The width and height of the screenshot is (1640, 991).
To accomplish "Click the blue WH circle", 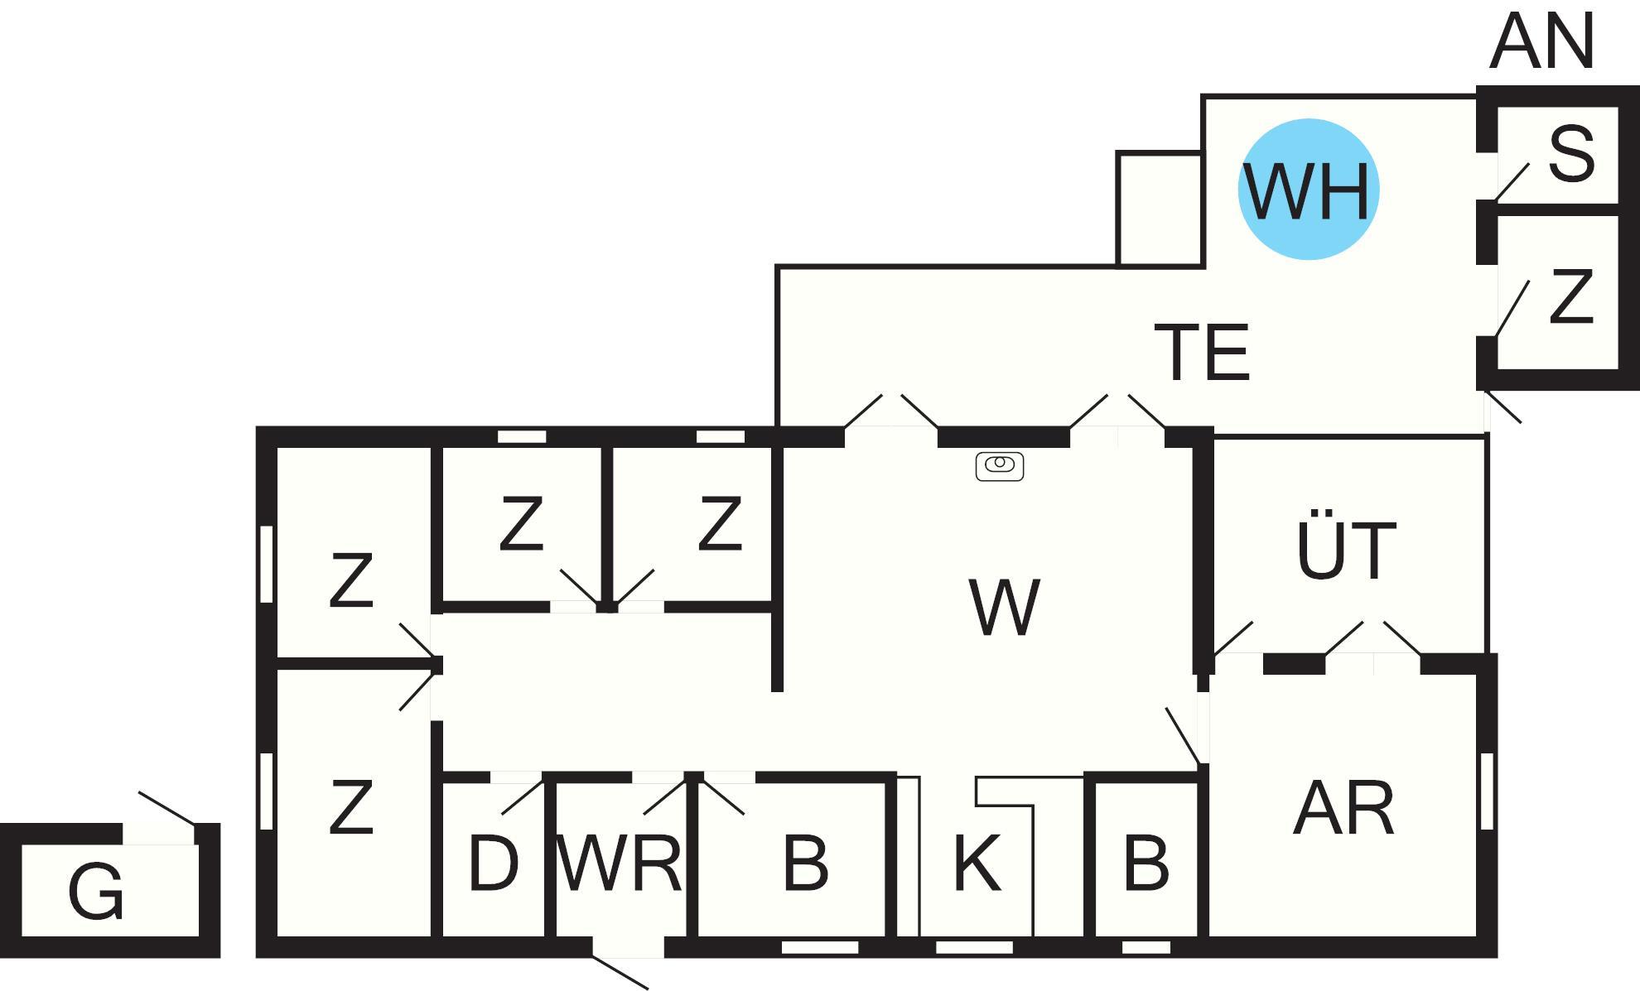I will (1308, 190).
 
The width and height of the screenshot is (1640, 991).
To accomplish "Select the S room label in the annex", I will (1570, 155).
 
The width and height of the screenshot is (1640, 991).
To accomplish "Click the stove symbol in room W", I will (1000, 466).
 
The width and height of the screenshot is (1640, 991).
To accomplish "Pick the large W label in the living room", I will (1004, 608).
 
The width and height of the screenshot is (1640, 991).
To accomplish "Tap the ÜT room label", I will (1346, 550).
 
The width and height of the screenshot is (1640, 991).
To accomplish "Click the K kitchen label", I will (977, 864).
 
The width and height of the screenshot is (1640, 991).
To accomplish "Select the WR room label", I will (620, 864).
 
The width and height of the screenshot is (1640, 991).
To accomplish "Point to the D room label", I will (493, 864).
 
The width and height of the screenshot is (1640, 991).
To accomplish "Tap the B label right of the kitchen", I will (1146, 864).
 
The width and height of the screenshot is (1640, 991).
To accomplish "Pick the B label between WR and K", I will (805, 864).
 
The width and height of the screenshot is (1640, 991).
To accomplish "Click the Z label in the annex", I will (1570, 297).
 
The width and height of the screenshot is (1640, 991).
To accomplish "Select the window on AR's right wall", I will (1487, 791).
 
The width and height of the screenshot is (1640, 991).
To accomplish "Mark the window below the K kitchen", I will (974, 947).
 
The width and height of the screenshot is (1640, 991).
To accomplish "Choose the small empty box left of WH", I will (1159, 209).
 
